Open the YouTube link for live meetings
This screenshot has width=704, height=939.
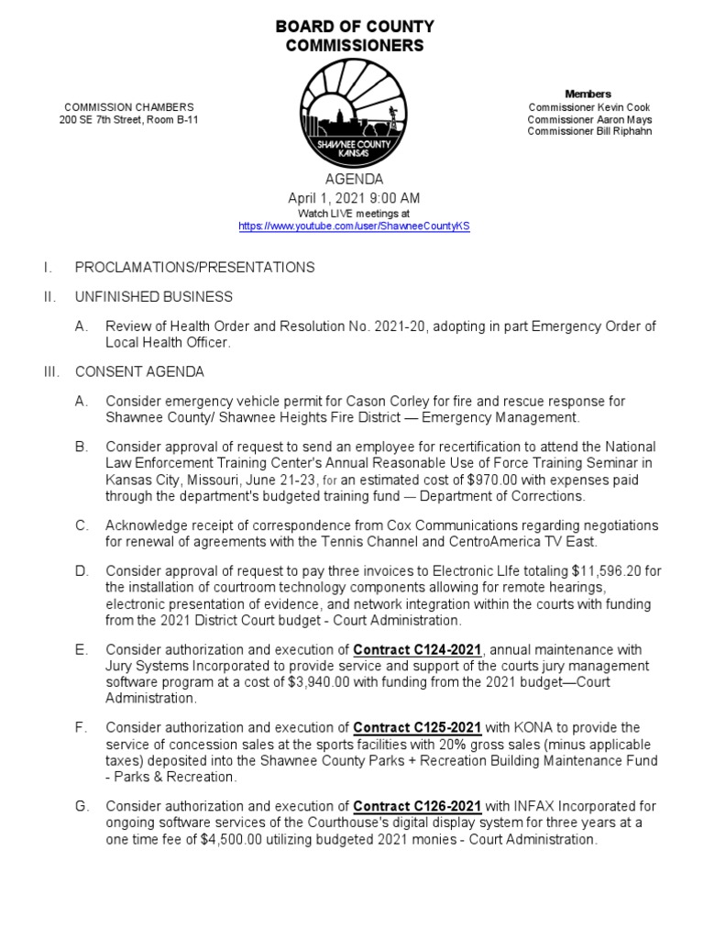[x=354, y=226]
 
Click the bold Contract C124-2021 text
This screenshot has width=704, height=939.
[x=417, y=650]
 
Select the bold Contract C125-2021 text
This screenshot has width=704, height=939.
[x=417, y=728]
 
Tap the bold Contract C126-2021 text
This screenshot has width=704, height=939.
[x=417, y=806]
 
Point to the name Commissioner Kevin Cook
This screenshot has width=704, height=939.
[x=590, y=107]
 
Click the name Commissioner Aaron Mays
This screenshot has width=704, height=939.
[x=589, y=119]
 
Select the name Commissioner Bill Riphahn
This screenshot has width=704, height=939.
[x=589, y=131]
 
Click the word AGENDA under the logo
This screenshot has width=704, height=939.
[x=354, y=180]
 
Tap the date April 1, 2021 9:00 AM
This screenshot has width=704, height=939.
[x=354, y=198]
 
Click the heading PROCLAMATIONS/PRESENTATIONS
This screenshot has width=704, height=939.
[x=194, y=268]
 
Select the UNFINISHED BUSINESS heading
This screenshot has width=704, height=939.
[x=153, y=297]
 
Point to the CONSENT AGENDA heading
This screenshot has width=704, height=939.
[x=139, y=372]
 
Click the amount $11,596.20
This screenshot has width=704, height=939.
[x=616, y=572]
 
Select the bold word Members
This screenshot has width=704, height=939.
[x=588, y=94]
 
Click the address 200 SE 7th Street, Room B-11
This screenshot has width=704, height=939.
[x=127, y=120]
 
